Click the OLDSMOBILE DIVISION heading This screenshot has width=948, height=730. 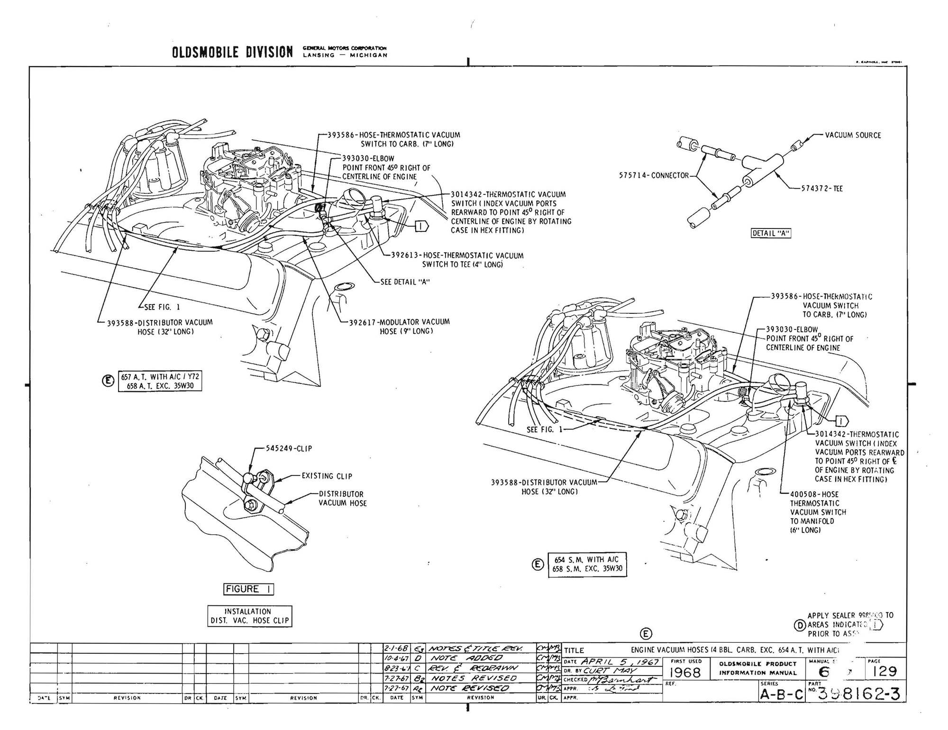232,52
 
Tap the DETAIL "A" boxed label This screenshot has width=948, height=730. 771,233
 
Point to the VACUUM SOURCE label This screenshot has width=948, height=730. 853,136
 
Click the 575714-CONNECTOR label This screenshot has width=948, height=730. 654,175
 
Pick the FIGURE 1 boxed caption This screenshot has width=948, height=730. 248,589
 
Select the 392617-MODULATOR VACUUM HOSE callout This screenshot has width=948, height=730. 400,322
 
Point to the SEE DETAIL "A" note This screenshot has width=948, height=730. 405,282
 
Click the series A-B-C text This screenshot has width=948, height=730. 782,694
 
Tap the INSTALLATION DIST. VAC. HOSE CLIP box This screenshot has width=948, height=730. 249,616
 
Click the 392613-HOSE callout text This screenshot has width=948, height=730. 457,256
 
